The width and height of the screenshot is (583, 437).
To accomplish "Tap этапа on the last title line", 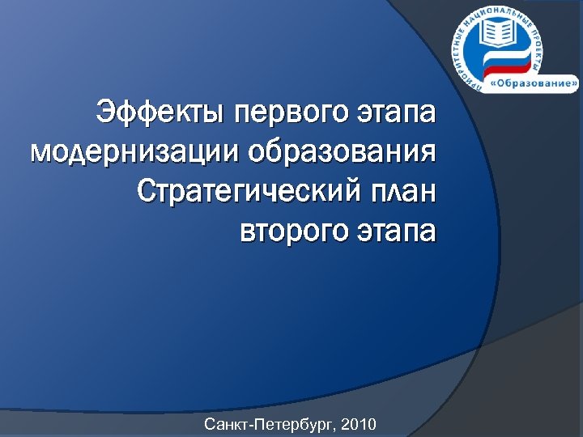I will (x=397, y=231).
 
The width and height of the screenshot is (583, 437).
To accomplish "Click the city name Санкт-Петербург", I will (x=271, y=423).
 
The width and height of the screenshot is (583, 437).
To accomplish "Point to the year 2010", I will (x=360, y=423).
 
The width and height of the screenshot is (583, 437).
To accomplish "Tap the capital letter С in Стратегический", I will (x=146, y=191).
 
